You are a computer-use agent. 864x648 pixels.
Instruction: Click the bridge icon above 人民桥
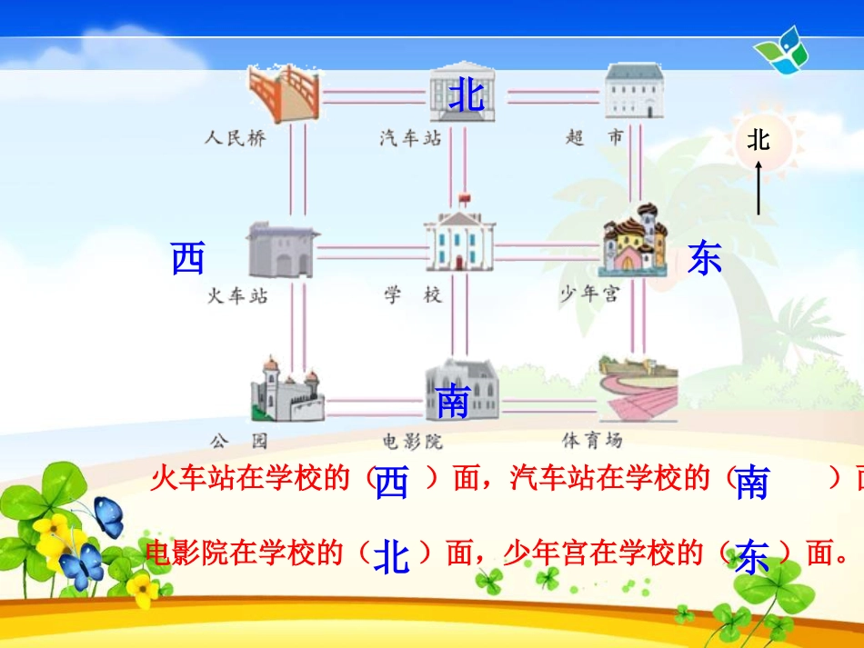coord(285,94)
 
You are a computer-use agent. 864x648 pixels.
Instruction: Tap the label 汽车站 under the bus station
coord(410,139)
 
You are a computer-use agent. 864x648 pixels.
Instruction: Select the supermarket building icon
coord(634,91)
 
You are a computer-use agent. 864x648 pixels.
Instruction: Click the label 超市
coord(595,138)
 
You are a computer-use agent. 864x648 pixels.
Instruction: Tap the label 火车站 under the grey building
coord(237,295)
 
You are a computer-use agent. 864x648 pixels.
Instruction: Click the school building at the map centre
coord(460,240)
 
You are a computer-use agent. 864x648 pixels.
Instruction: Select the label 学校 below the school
coord(412,295)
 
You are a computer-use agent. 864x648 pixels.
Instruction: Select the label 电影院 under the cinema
coord(411,442)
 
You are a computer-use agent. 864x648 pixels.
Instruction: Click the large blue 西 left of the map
coord(188,260)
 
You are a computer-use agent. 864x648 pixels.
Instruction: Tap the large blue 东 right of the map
coord(704,258)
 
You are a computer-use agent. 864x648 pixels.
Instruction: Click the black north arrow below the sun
coord(758,186)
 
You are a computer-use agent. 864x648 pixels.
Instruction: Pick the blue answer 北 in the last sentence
coord(391,556)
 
